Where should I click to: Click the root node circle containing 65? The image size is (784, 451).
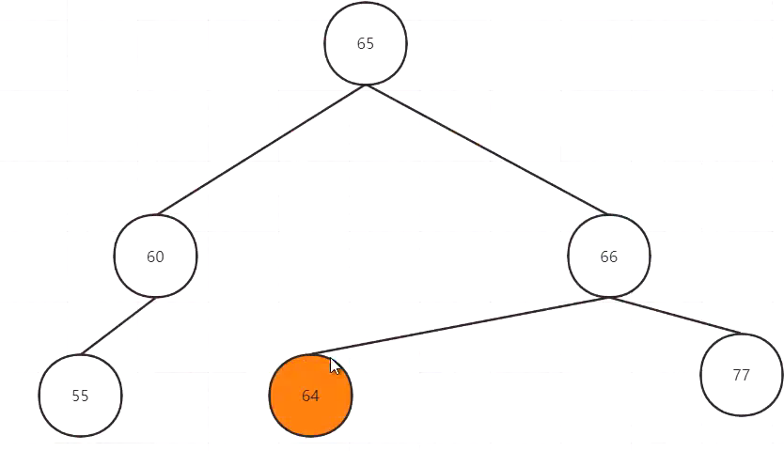366,44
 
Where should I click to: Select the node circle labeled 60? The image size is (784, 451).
155,257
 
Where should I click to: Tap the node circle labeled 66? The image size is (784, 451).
608,257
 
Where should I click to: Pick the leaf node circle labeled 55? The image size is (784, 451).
80,396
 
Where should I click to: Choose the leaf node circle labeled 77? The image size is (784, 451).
741,375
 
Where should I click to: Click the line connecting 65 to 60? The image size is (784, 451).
261,150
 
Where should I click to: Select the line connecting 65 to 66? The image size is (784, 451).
487,150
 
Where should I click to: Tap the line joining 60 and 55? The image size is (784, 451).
118,326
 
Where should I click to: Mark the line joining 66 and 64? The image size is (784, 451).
461,326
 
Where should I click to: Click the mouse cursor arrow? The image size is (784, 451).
336,365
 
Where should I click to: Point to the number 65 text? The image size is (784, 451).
366,44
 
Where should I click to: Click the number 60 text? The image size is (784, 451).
155,257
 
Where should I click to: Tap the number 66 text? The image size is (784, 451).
608,257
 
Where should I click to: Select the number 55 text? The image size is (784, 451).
80,396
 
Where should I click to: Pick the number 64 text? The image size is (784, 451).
311,397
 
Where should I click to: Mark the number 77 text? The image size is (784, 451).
741,375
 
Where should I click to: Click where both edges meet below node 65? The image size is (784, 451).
367,85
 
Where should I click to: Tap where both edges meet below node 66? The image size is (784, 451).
608,298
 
